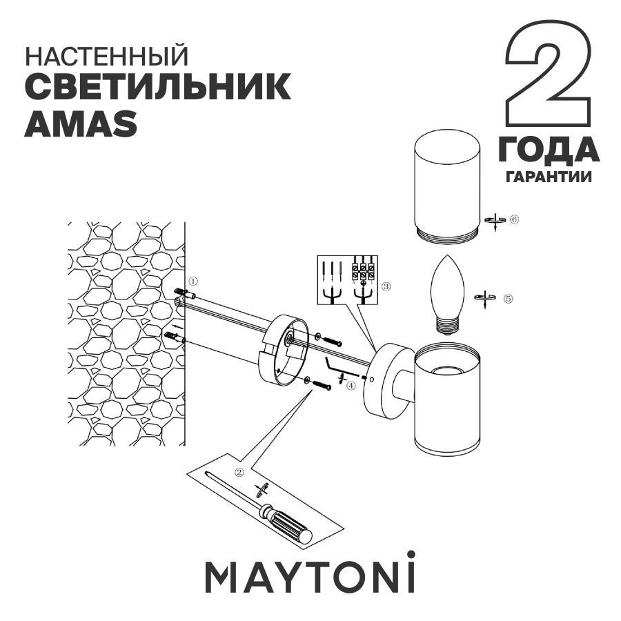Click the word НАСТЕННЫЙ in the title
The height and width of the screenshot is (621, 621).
106,55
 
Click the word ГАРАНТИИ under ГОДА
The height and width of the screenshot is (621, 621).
549,177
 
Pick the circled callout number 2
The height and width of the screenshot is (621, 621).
239,473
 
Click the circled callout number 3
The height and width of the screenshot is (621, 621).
386,286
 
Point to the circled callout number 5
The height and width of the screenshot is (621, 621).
508,299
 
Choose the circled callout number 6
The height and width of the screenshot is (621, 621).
514,220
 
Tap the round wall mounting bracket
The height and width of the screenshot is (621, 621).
284,349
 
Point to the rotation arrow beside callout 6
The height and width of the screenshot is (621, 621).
494,221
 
